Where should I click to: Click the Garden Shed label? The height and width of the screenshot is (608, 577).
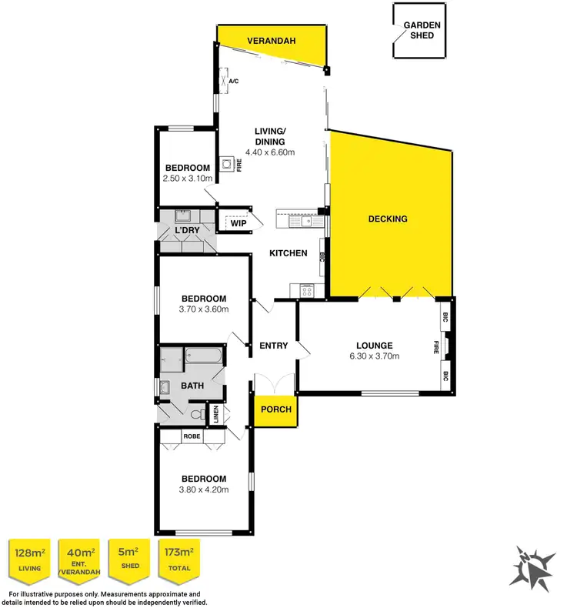pyautogui.click(x=422, y=30)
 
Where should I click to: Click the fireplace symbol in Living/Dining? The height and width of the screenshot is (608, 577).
pyautogui.click(x=228, y=164)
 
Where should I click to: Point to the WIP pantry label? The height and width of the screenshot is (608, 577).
pyautogui.click(x=238, y=224)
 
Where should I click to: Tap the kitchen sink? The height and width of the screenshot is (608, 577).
pyautogui.click(x=305, y=222)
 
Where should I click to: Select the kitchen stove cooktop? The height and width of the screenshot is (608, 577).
pyautogui.click(x=306, y=289)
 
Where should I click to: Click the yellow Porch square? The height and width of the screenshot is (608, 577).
pyautogui.click(x=276, y=409)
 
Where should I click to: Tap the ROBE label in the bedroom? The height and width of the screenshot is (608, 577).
pyautogui.click(x=192, y=436)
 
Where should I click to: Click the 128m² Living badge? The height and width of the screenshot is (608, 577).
pyautogui.click(x=28, y=560)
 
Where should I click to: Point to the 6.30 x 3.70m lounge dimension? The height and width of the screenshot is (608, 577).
pyautogui.click(x=374, y=356)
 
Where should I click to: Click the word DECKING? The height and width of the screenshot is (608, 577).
pyautogui.click(x=388, y=219)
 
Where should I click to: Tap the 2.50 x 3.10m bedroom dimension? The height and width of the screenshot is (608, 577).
pyautogui.click(x=187, y=179)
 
